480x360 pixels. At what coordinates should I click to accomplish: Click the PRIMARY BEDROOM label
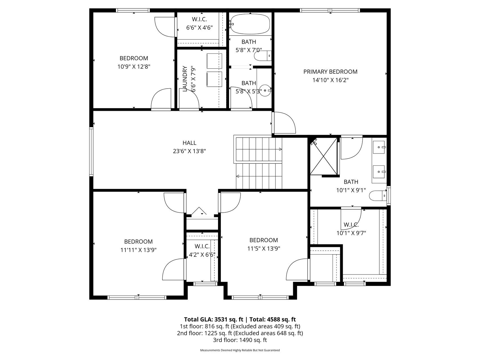[330, 72]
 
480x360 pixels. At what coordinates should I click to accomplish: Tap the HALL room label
[189, 143]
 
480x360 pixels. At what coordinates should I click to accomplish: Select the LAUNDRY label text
[185, 79]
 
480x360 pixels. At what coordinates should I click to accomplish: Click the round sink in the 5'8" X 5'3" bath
[265, 91]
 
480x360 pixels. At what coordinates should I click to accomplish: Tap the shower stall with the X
[324, 156]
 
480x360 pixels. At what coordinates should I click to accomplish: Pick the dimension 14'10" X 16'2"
[330, 80]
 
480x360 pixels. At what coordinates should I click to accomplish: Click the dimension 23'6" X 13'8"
[189, 151]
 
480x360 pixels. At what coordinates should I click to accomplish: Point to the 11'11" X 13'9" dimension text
[138, 250]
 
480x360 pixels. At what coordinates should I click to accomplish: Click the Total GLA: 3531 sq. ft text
[214, 319]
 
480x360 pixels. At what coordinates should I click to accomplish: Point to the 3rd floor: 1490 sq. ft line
[240, 340]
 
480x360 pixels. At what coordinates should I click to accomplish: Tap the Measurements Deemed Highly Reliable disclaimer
[240, 350]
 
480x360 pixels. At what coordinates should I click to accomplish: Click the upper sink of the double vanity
[379, 147]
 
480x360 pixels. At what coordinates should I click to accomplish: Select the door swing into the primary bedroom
[284, 123]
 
